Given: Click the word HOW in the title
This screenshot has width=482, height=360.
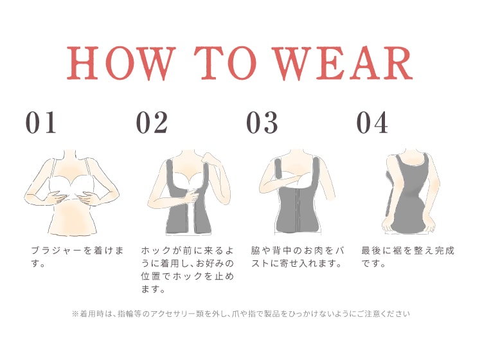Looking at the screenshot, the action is [x=121, y=63].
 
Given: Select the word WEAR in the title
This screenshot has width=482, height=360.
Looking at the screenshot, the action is [x=343, y=63].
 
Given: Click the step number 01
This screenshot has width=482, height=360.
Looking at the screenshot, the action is [x=41, y=122].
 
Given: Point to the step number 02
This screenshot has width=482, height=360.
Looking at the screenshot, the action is [x=152, y=122].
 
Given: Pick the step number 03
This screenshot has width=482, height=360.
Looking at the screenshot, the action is [x=262, y=122].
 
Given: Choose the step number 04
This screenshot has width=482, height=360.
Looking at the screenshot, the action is [x=372, y=122].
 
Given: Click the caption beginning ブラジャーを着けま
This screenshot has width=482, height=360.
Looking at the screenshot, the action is [x=78, y=257].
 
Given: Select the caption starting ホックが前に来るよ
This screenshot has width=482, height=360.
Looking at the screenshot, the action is [x=188, y=269].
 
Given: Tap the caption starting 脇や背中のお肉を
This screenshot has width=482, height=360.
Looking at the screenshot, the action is [x=298, y=257].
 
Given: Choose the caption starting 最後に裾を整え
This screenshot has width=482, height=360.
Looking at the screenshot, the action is [x=407, y=257].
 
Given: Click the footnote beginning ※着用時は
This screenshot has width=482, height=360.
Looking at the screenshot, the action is [x=241, y=314].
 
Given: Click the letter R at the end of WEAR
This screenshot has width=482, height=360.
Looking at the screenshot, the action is [x=396, y=63].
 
